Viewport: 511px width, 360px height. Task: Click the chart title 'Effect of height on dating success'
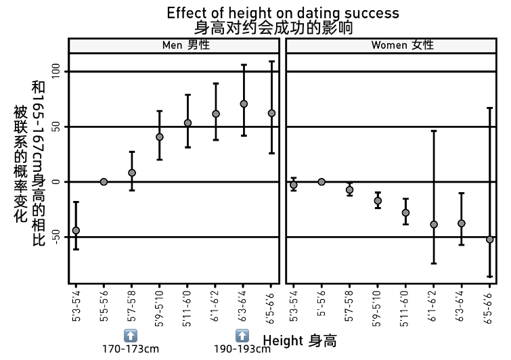point(283,13)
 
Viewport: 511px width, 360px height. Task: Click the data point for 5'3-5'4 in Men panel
point(76,231)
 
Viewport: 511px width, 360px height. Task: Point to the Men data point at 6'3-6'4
point(244,104)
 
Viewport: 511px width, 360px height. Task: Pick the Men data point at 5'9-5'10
point(160,137)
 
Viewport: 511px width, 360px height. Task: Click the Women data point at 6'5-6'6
point(489,240)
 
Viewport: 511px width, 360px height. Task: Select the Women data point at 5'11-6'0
point(405,212)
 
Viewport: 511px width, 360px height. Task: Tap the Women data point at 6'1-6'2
point(434,224)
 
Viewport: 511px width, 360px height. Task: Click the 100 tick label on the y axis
point(56,72)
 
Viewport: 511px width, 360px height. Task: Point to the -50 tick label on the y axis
point(56,237)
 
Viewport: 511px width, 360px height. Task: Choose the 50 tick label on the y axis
point(56,127)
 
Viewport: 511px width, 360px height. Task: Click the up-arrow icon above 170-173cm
point(131,335)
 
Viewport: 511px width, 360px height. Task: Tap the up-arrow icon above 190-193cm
point(242,335)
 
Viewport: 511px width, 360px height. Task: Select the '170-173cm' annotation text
point(131,349)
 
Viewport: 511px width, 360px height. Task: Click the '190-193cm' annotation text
point(242,349)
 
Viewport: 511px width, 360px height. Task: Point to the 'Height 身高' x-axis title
point(299,340)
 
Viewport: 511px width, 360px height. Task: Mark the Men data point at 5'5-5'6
point(104,181)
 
